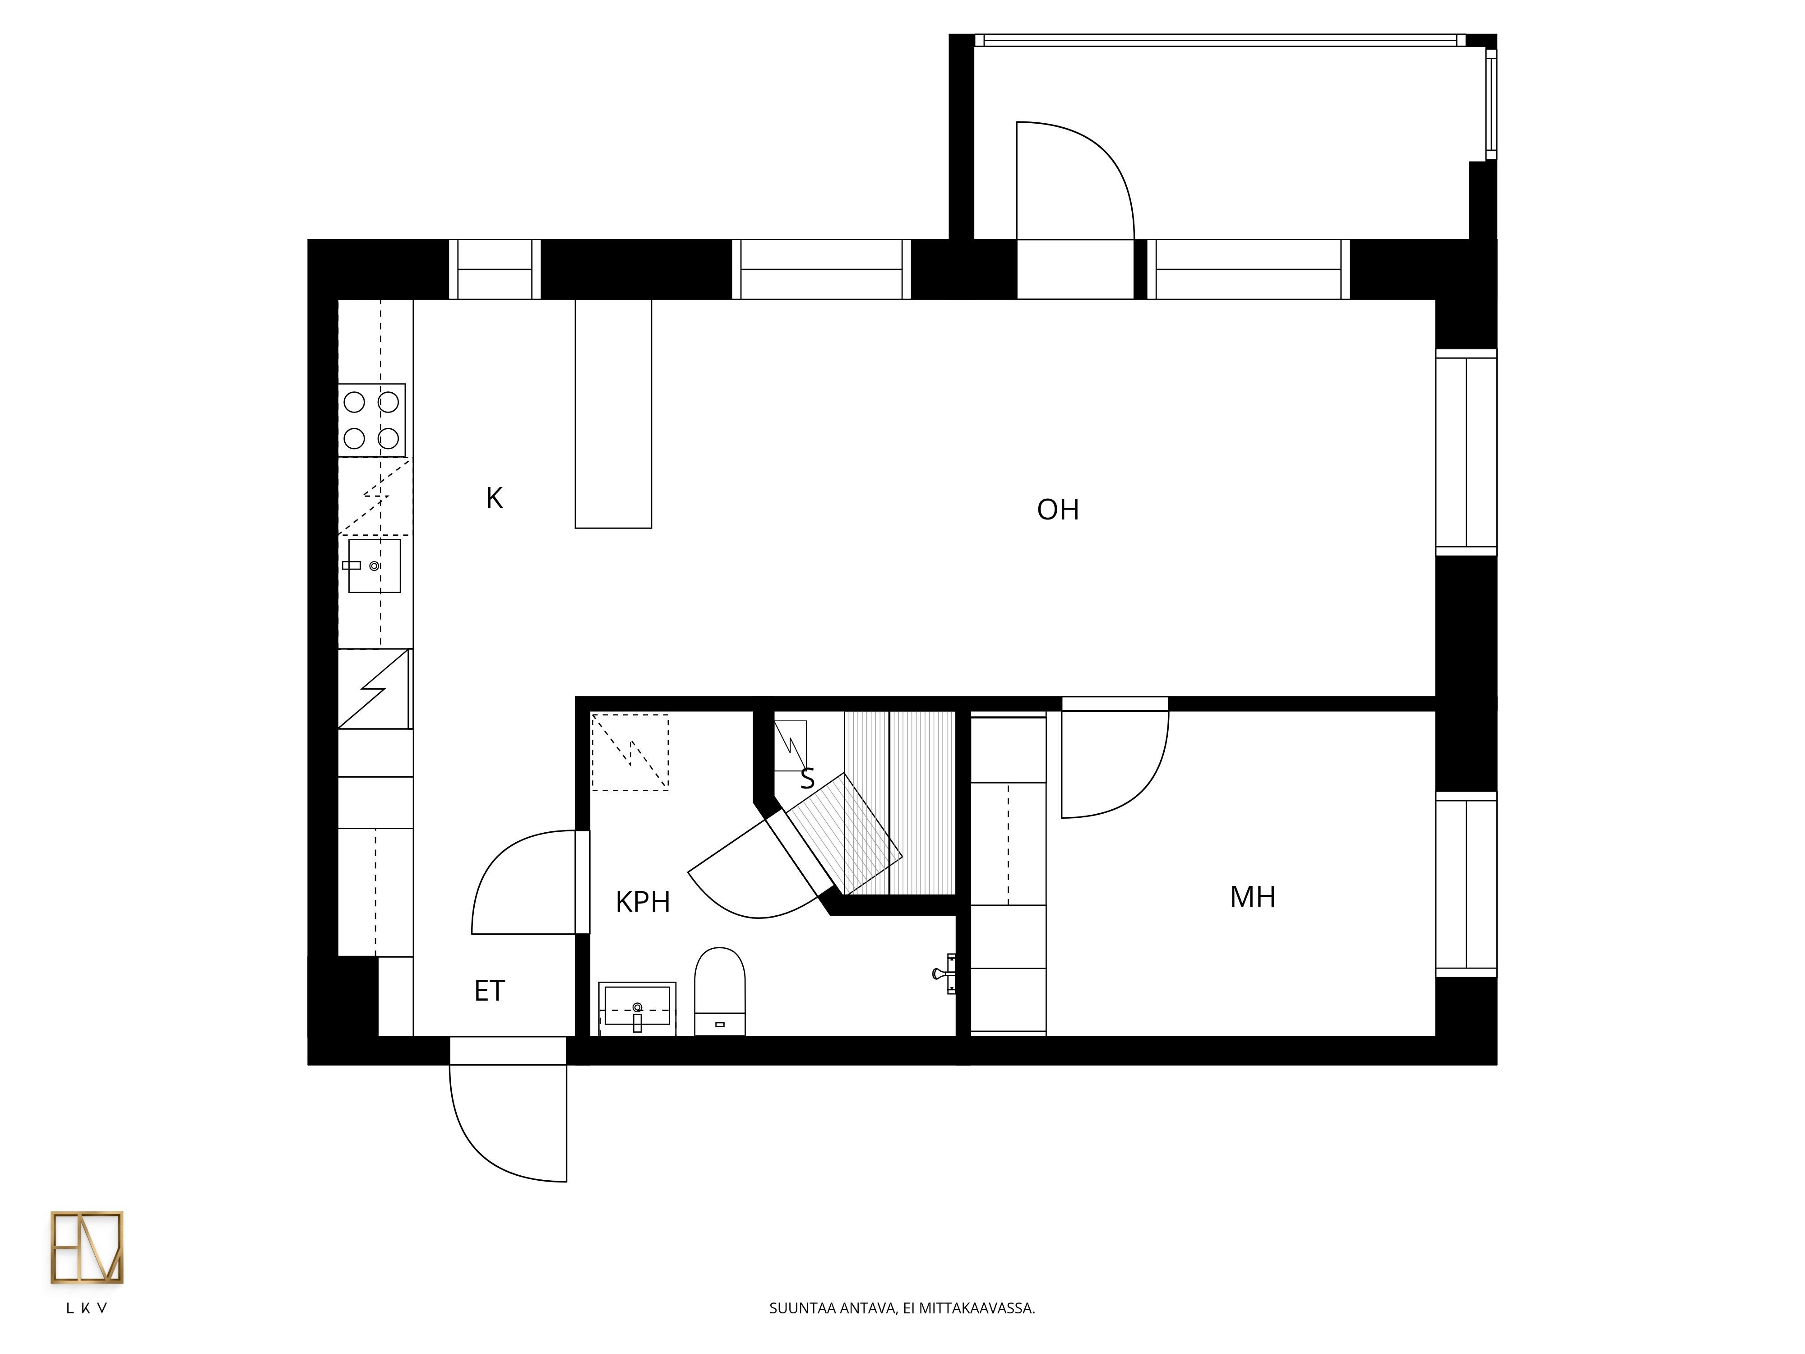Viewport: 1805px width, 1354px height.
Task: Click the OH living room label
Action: point(1058,509)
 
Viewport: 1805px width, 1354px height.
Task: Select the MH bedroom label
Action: point(1253,897)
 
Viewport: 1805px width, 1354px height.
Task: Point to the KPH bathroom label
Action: point(643,902)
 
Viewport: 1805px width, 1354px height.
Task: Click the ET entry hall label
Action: point(490,991)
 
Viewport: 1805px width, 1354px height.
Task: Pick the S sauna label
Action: point(807,779)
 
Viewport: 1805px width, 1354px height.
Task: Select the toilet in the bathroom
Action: point(720,991)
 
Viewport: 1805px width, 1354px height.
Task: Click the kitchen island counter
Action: point(614,414)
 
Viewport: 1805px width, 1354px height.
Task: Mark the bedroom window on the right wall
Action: point(1467,884)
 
